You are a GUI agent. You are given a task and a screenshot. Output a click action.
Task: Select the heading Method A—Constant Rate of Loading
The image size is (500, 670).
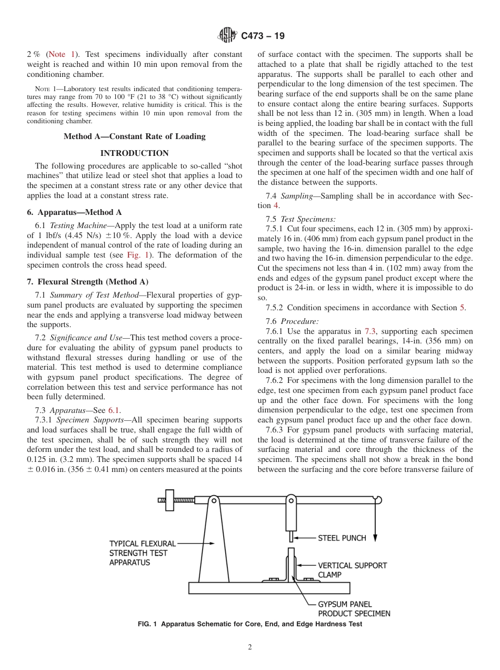pos(134,136)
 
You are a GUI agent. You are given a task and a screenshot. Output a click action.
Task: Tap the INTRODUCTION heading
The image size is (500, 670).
pos(134,153)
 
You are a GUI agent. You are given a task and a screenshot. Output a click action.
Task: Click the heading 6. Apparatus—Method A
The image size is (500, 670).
pos(74,212)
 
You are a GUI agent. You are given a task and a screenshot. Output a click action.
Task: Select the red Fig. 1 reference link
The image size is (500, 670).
pos(137,255)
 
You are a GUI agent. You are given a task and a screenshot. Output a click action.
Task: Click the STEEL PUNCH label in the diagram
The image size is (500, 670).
pos(342,538)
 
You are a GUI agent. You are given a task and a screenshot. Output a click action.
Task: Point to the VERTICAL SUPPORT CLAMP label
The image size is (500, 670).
pos(352,570)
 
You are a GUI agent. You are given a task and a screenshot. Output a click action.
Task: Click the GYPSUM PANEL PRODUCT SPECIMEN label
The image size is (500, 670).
pos(354,609)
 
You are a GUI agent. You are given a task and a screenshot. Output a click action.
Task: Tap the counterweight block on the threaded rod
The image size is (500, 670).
pos(169,500)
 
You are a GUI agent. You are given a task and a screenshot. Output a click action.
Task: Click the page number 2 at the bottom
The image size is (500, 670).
pos(250,647)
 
